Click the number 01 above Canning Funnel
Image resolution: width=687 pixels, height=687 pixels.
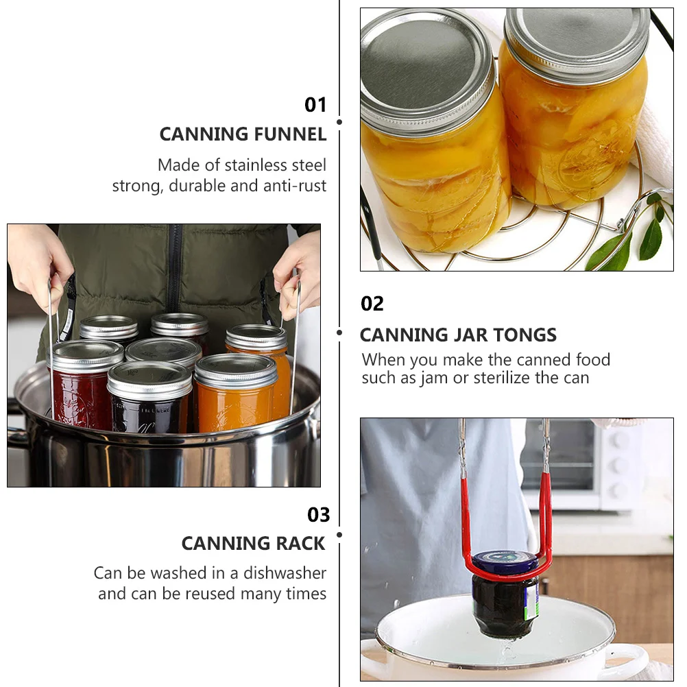(x=315, y=105)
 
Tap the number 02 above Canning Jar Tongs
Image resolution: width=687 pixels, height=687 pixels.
(x=372, y=304)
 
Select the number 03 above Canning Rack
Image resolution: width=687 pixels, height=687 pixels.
(x=319, y=515)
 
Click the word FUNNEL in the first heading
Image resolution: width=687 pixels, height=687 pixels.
(x=290, y=134)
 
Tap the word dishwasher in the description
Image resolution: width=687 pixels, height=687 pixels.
(x=285, y=573)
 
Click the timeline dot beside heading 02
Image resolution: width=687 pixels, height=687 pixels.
(x=339, y=333)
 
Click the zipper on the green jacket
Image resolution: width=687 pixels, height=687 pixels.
(x=175, y=267)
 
